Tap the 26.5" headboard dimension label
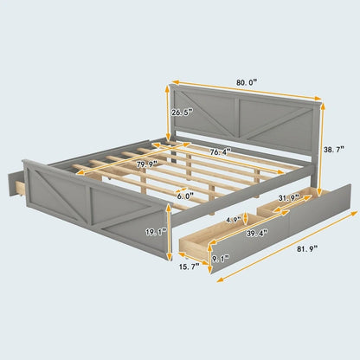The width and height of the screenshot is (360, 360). click(x=183, y=112)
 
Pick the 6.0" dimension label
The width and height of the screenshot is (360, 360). click(x=183, y=195)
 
